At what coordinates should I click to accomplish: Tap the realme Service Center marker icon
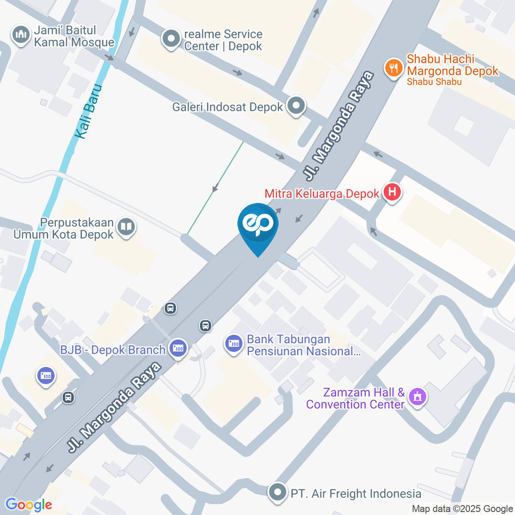pyautogui.click(x=172, y=39)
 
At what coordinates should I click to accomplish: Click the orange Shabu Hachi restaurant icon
pyautogui.click(x=394, y=68)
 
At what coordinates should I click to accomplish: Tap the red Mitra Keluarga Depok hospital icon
pyautogui.click(x=393, y=193)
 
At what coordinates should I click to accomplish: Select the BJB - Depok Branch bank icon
pyautogui.click(x=178, y=349)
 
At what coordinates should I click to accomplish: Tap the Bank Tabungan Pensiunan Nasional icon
pyautogui.click(x=233, y=343)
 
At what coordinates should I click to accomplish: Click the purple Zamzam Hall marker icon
pyautogui.click(x=416, y=398)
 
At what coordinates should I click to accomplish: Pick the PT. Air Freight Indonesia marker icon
pyautogui.click(x=278, y=492)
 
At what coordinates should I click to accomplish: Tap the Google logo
pyautogui.click(x=28, y=505)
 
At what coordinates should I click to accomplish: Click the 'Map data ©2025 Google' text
pyautogui.click(x=462, y=509)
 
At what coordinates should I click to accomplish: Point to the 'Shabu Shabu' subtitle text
pyautogui.click(x=434, y=82)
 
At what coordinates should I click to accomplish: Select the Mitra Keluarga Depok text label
pyautogui.click(x=322, y=193)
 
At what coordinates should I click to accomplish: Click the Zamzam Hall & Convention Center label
pyautogui.click(x=355, y=398)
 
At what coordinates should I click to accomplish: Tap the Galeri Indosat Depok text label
pyautogui.click(x=227, y=107)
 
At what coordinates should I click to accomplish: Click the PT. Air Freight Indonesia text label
pyautogui.click(x=356, y=492)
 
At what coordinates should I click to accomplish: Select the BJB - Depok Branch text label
pyautogui.click(x=113, y=350)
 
